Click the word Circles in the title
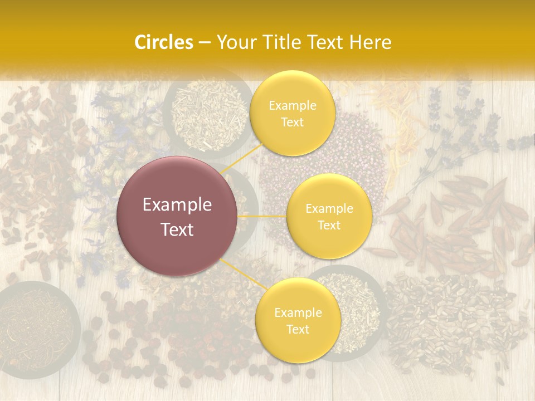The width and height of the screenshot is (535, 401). tap(163, 42)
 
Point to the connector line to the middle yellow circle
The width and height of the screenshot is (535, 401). tap(262, 216)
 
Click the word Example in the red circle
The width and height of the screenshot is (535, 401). tap(177, 205)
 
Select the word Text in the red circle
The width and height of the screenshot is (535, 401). tap(177, 229)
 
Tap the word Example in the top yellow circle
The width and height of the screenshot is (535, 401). tap(293, 105)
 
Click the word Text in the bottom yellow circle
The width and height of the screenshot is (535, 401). tap(298, 329)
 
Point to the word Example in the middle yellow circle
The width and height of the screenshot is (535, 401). tap(329, 208)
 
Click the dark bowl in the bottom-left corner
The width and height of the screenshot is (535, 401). tap(36, 329)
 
